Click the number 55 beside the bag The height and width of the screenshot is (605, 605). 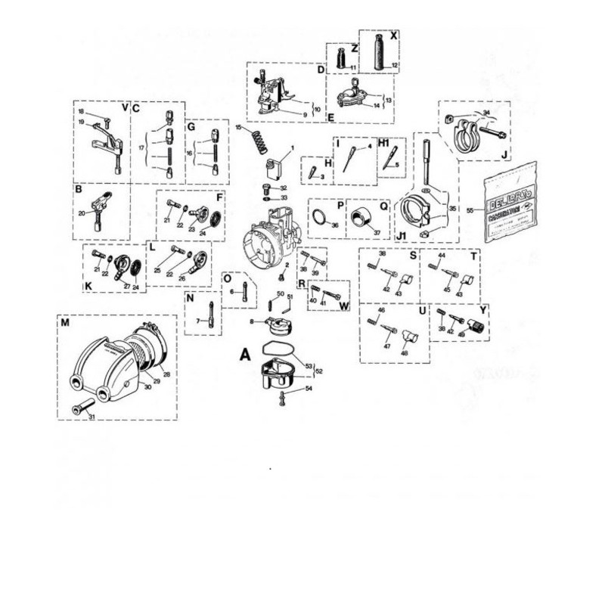click(470, 209)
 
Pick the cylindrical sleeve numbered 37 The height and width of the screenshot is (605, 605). click(362, 219)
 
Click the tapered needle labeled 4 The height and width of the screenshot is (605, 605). click(351, 156)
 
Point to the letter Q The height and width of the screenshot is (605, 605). click(383, 205)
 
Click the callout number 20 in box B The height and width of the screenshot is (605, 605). click(82, 213)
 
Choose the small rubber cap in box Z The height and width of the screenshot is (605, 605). click(341, 57)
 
